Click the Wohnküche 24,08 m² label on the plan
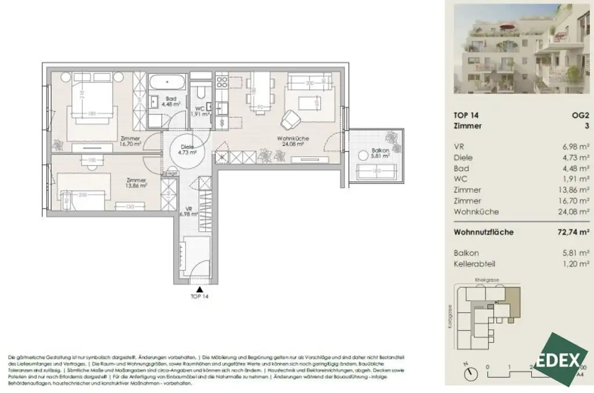(292, 142)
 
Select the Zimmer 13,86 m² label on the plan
(136, 183)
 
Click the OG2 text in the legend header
(579, 115)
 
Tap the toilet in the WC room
(201, 93)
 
